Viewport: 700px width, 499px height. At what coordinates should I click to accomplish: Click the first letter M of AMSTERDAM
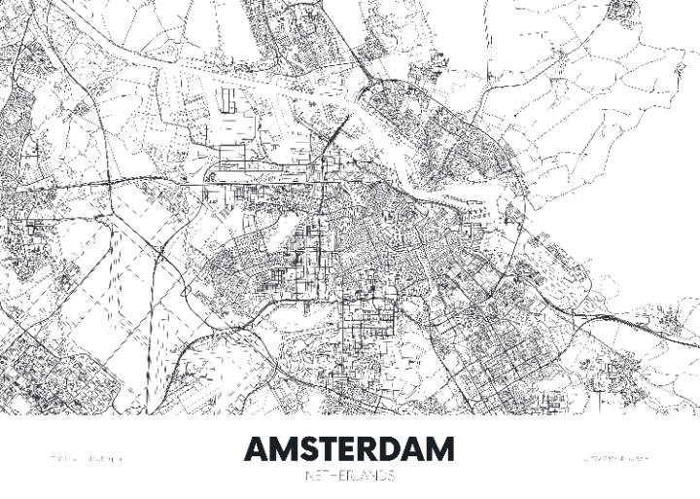[283, 449]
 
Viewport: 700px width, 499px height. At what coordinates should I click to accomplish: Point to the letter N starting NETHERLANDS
[310, 476]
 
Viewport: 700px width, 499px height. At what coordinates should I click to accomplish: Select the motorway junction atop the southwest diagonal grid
[158, 250]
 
